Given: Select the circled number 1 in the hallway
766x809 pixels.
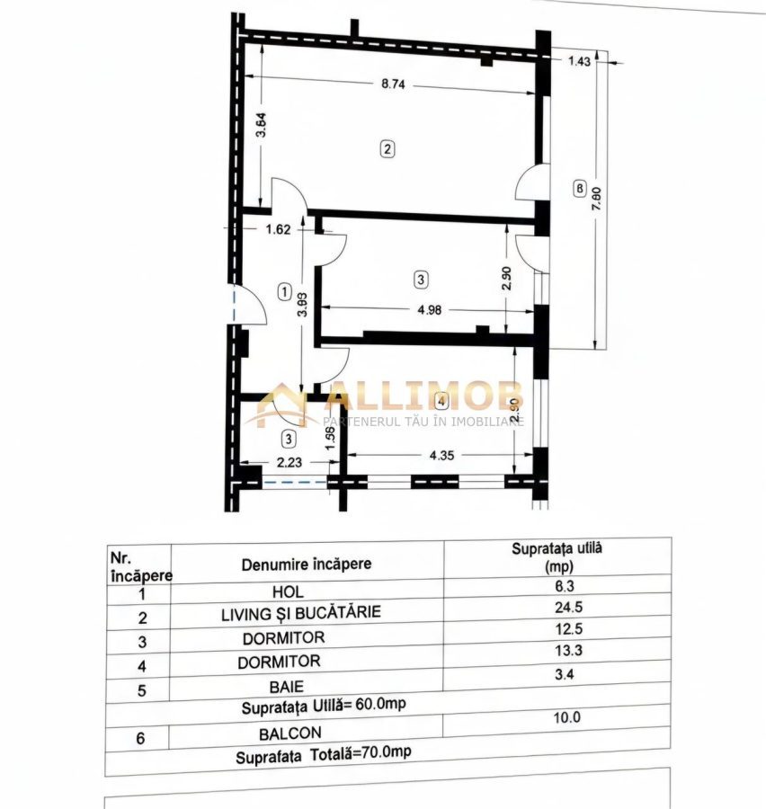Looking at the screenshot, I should click(x=285, y=291).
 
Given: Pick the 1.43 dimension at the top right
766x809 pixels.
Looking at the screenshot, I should click(x=579, y=61).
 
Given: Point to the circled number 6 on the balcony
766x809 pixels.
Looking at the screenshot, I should click(x=580, y=189).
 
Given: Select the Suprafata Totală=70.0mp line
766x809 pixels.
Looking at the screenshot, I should click(x=324, y=754).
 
